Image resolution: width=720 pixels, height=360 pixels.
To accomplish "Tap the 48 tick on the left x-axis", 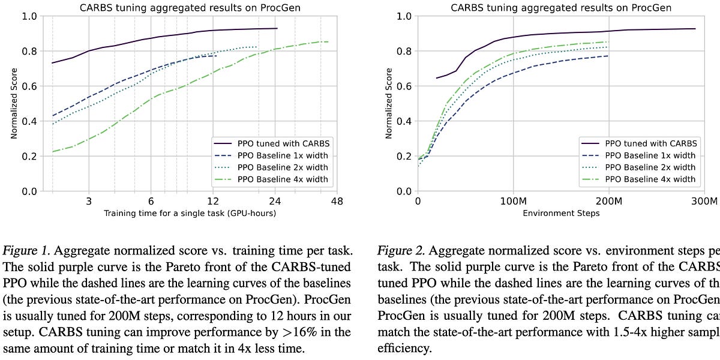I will pos(337,201).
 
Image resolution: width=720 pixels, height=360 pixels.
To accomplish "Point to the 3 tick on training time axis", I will pos(89,201).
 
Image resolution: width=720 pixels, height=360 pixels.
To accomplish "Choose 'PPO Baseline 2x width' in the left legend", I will pos(283,167).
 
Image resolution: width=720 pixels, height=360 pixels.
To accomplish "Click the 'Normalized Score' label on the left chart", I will pos(14,103).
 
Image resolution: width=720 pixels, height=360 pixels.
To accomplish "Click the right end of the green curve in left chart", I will pos(328,41).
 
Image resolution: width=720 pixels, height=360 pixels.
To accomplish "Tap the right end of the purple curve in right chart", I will pos(695,29).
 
